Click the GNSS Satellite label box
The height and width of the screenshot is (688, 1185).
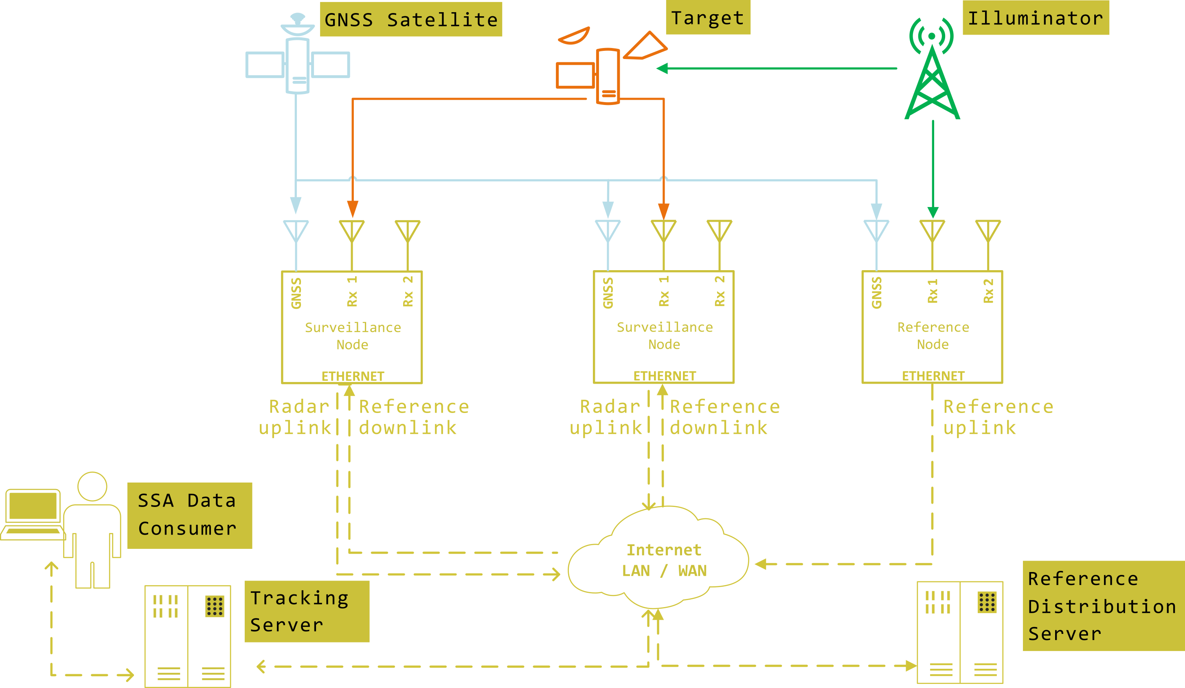411,19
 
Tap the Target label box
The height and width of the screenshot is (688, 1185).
708,18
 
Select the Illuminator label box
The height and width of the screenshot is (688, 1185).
1036,18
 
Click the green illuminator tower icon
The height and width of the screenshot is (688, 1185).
932,80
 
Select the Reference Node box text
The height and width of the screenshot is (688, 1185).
933,336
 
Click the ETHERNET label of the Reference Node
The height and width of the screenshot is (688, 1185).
933,376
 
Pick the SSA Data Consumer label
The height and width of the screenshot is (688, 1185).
189,515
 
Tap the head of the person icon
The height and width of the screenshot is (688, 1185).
92,486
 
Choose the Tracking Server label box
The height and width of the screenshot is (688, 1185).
307,611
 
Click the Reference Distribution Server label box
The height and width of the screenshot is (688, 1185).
1103,606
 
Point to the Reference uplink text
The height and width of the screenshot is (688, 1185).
997,417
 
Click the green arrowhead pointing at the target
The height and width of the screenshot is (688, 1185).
662,69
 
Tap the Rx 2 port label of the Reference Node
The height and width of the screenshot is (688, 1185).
988,291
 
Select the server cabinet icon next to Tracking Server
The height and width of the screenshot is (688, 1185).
188,636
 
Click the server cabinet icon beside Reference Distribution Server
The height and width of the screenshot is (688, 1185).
960,632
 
